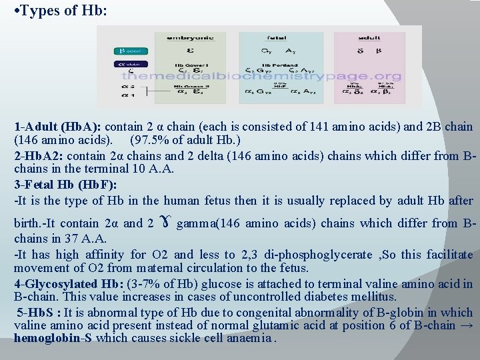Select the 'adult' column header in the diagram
click(369, 38)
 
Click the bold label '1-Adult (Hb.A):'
click(58, 127)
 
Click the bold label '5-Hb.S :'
click(40, 312)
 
